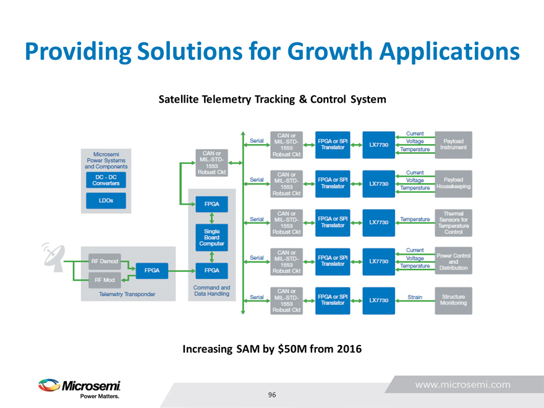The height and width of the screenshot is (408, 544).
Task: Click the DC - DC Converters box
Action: coord(104,180)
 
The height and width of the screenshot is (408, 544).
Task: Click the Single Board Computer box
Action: coord(211,236)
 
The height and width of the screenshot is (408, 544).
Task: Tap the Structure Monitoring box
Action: coord(454,300)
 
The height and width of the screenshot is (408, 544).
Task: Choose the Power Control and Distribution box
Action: coord(454,261)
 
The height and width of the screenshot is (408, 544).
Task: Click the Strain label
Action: coord(415,297)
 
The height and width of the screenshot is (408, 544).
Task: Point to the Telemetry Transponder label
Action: coord(127,294)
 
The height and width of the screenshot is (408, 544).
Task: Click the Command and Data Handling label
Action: coord(211,291)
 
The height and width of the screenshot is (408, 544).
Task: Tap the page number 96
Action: coord(272,394)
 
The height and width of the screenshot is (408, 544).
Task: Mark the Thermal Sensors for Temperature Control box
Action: coord(454,223)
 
